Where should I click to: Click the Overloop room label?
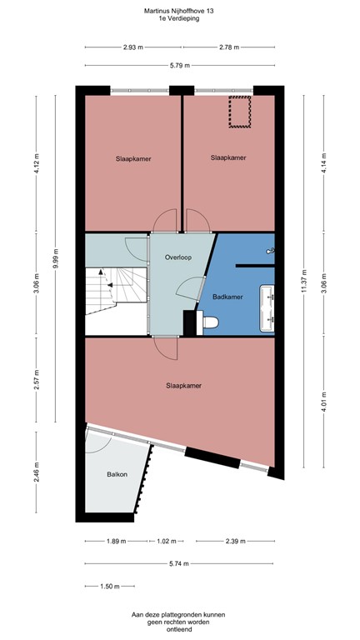[178, 258]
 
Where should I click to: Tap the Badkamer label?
[227, 297]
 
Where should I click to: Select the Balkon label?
[117, 474]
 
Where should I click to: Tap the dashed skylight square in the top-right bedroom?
[241, 112]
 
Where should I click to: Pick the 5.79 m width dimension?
[181, 65]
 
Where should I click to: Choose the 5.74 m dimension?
[180, 563]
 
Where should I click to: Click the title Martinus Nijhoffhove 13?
[180, 11]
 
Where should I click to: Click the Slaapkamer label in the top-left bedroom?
[132, 157]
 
